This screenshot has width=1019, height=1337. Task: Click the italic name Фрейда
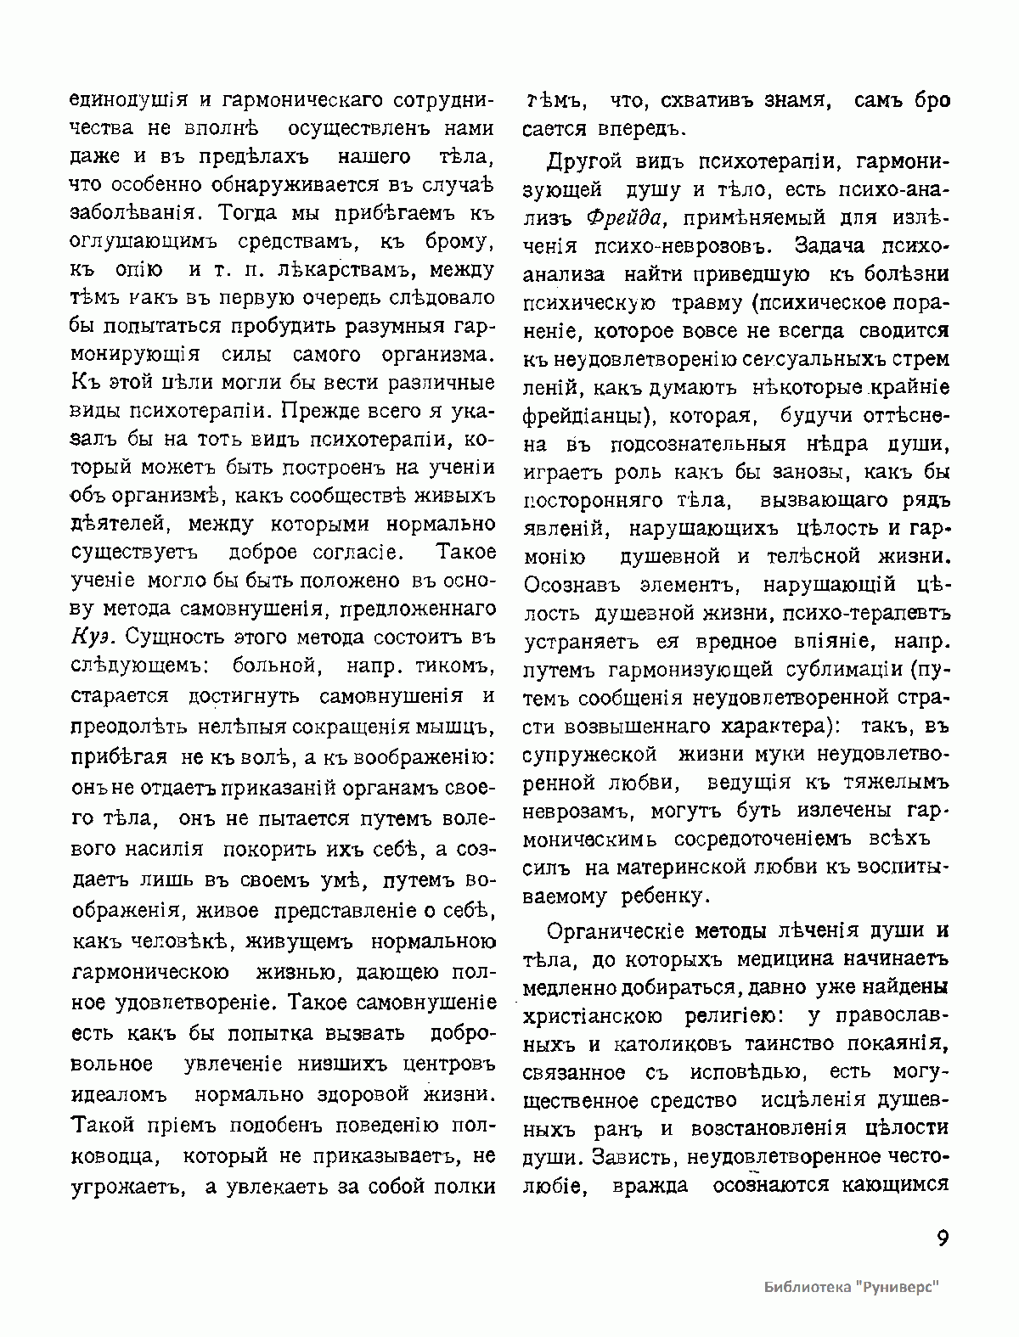pyautogui.click(x=624, y=217)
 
